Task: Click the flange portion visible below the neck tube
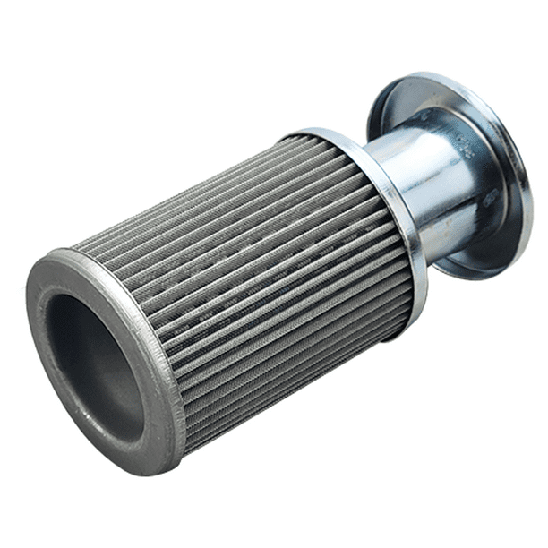[475, 260]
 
